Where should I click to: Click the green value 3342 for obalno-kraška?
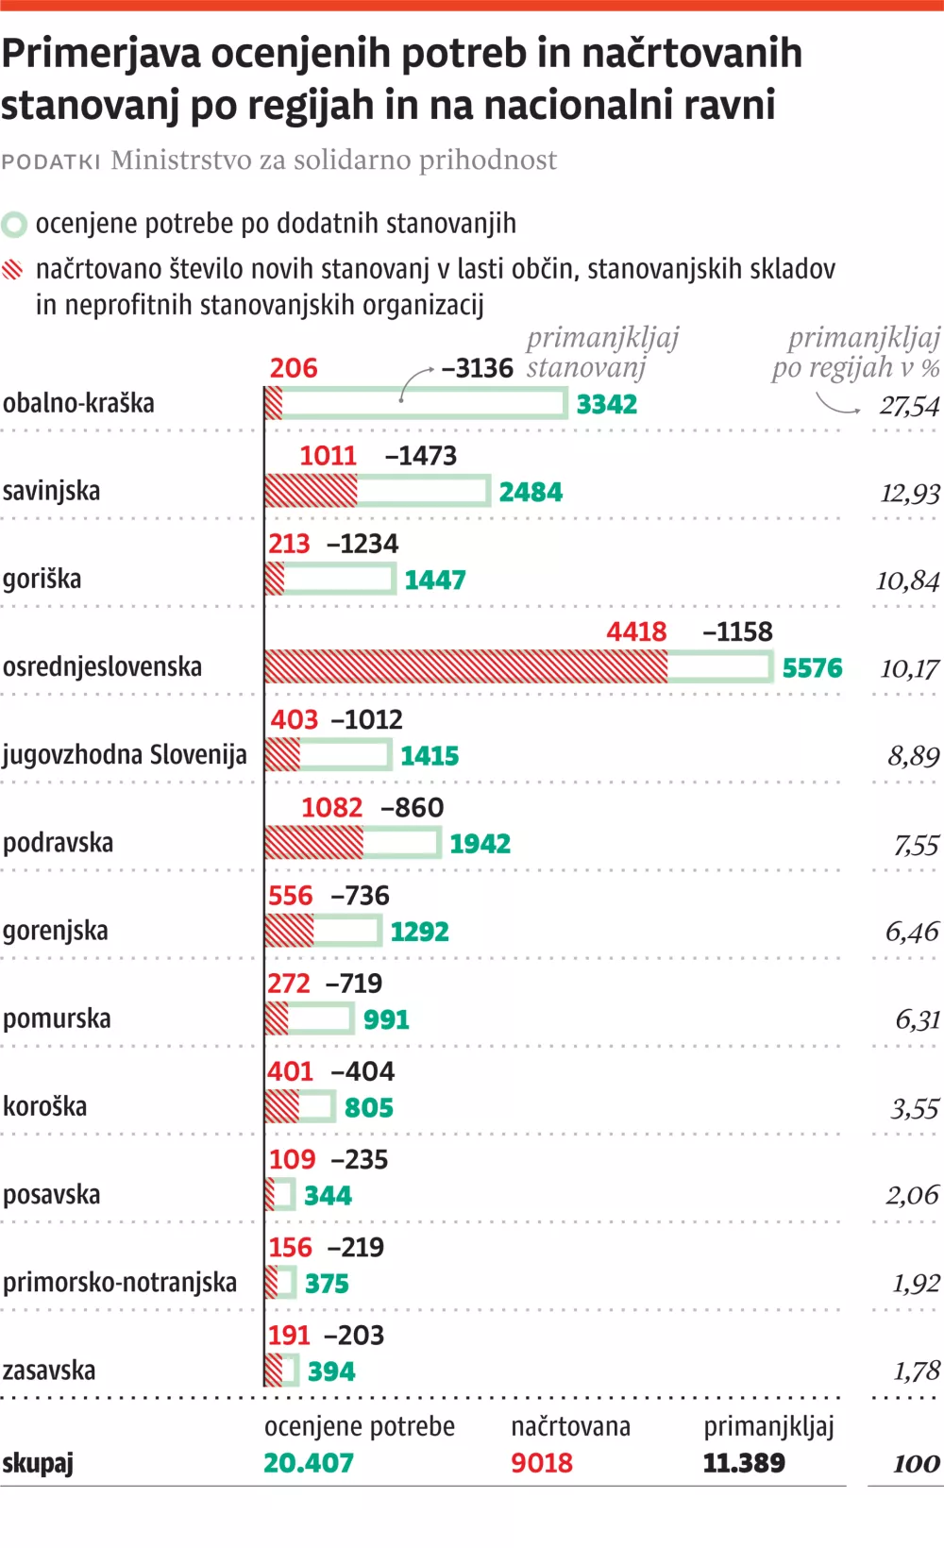(x=607, y=405)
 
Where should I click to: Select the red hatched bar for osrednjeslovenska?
(x=466, y=667)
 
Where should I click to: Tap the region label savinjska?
(x=51, y=491)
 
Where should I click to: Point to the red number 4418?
(x=636, y=631)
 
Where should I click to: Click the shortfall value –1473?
(x=421, y=456)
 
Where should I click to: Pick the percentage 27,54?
(x=910, y=406)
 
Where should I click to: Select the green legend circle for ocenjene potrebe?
(x=14, y=225)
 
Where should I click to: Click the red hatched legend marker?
(x=13, y=270)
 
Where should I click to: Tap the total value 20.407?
(x=309, y=1463)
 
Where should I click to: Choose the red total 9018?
(x=542, y=1463)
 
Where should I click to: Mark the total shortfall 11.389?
(x=744, y=1463)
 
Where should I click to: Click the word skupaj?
(x=38, y=1464)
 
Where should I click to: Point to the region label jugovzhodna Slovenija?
(x=125, y=755)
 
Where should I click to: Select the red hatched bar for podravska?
(x=313, y=843)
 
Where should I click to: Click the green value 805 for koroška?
(x=369, y=1107)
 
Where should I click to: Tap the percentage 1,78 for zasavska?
(x=917, y=1371)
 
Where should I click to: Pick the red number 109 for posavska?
(x=292, y=1159)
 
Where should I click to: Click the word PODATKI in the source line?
(x=51, y=161)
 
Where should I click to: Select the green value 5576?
(x=812, y=668)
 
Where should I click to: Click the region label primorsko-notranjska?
(x=120, y=1283)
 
